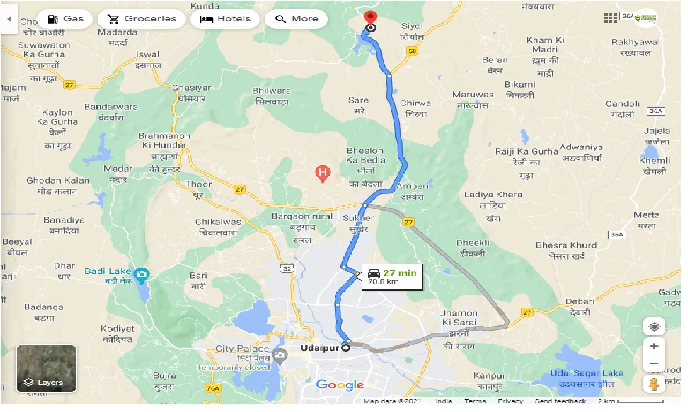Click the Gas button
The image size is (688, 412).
click(x=65, y=19)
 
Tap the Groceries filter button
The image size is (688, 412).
click(x=143, y=19)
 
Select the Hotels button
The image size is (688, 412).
click(x=225, y=19)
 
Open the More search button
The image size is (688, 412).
click(x=296, y=19)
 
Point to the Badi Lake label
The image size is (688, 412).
click(x=110, y=271)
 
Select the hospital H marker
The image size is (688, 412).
click(x=322, y=172)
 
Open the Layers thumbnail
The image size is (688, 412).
click(x=46, y=368)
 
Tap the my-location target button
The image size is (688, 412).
click(x=654, y=326)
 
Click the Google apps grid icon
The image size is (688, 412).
click(x=611, y=18)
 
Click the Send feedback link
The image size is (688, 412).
click(x=560, y=401)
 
